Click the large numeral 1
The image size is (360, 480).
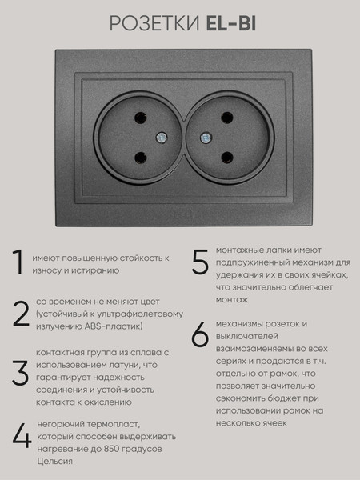point(18,265)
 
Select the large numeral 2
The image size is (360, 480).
point(20,315)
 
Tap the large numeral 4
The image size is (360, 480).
point(21,436)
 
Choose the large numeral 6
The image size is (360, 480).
point(200,336)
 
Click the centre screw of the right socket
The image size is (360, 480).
point(218,136)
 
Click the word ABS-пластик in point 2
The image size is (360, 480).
point(116,326)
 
